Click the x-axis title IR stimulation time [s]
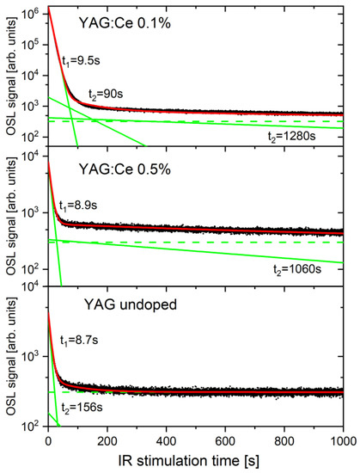(195, 461)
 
